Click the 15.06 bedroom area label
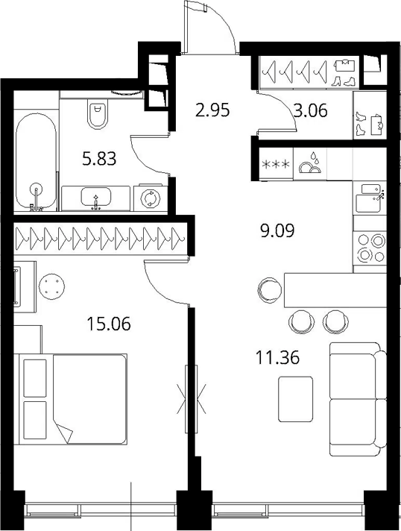pos(109,324)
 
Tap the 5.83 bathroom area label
pos(99,159)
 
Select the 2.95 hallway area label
pos(213,110)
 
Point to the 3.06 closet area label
pos(311,110)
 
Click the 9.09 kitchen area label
pos(277,231)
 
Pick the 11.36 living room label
pos(278,358)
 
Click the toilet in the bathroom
pos(97,114)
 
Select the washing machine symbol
pos(150,198)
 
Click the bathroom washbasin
pos(96,198)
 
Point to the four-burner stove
pos(370,248)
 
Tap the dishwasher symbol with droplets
pos(310,163)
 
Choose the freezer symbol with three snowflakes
pos(277,165)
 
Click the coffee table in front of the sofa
pos(295,399)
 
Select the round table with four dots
pos(51,286)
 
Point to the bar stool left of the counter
pos(270,290)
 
